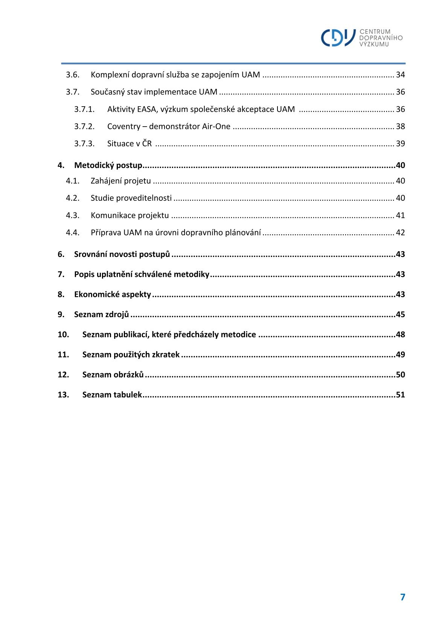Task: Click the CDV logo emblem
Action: pyautogui.click(x=338, y=38)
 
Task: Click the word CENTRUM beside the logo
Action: pyautogui.click(x=375, y=32)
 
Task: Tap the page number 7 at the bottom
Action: pyautogui.click(x=402, y=597)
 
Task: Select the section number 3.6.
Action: pyautogui.click(x=73, y=75)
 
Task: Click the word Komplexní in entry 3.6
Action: pyautogui.click(x=110, y=75)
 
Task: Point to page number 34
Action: pyautogui.click(x=400, y=75)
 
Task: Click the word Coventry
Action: pyautogui.click(x=123, y=126)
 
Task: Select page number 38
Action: pyautogui.click(x=400, y=126)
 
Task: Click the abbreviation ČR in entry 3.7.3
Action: pyautogui.click(x=147, y=144)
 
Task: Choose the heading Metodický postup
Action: pyautogui.click(x=108, y=165)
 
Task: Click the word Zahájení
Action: pyautogui.click(x=106, y=181)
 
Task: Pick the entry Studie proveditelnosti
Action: pyautogui.click(x=131, y=198)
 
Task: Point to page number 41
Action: pyautogui.click(x=400, y=215)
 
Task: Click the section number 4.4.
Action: pyautogui.click(x=73, y=232)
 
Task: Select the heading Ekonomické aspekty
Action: pyautogui.click(x=113, y=295)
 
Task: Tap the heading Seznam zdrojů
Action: pyautogui.click(x=102, y=315)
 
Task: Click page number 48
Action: pyautogui.click(x=400, y=335)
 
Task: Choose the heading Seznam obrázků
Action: pyautogui.click(x=113, y=375)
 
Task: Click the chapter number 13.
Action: pyautogui.click(x=63, y=395)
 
